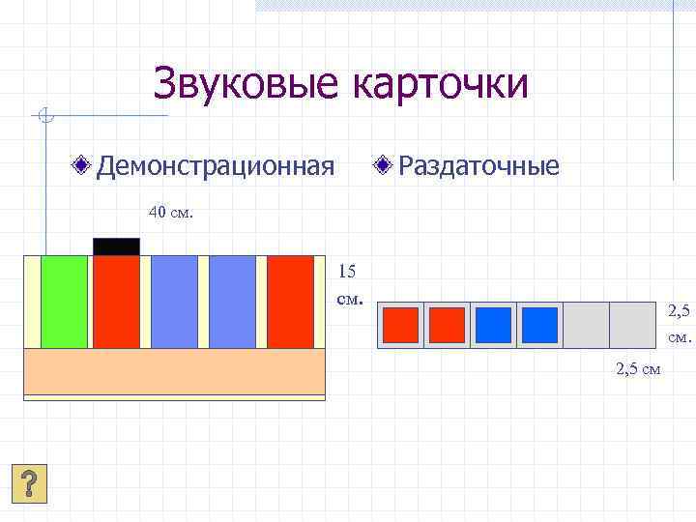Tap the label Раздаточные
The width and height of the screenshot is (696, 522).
tap(478, 166)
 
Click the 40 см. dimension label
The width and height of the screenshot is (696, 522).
tap(170, 212)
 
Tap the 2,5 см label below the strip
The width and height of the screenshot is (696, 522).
tap(637, 367)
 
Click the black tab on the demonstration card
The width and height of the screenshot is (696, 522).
tap(116, 246)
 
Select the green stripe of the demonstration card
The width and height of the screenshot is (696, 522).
tap(64, 302)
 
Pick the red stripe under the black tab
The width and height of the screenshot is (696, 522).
tap(116, 302)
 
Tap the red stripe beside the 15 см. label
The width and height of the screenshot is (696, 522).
tap(290, 302)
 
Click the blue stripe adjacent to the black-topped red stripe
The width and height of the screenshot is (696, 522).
tap(174, 302)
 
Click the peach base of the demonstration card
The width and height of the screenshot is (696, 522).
tap(174, 371)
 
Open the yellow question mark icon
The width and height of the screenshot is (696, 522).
tap(30, 482)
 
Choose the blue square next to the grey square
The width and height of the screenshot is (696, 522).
tap(540, 325)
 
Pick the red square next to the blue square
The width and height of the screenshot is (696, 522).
tap(447, 325)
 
